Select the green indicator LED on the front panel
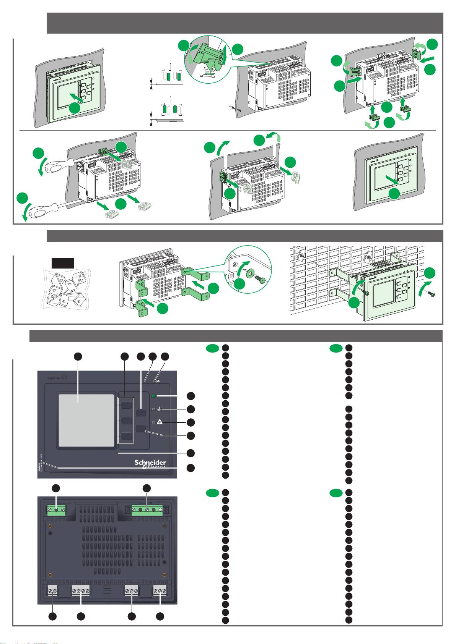pyautogui.click(x=154, y=396)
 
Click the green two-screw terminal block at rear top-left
pyautogui.click(x=57, y=510)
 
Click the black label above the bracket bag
pyautogui.click(x=63, y=263)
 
